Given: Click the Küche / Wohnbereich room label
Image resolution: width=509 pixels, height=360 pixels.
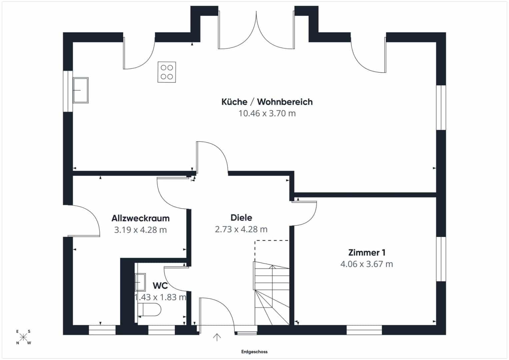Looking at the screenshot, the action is click(x=267, y=102).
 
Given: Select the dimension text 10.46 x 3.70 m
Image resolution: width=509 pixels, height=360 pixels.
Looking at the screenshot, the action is click(x=267, y=113).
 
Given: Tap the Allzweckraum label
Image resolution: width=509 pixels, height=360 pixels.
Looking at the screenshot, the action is click(x=140, y=218).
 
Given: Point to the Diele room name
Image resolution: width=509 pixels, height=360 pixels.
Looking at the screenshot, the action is click(x=241, y=217).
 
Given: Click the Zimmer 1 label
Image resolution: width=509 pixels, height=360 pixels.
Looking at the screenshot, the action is click(x=367, y=253).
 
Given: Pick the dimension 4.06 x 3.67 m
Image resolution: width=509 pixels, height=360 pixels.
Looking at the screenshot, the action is click(x=367, y=264).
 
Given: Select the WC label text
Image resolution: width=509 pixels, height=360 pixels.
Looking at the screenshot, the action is click(x=160, y=286).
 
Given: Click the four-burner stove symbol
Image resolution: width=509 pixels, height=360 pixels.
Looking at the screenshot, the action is click(x=167, y=72).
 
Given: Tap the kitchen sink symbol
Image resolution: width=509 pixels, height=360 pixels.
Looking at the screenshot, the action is click(x=81, y=90).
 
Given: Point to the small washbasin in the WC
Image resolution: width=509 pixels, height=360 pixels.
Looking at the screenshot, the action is click(x=140, y=282).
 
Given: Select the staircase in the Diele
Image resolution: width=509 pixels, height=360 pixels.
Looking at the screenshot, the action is click(x=271, y=293).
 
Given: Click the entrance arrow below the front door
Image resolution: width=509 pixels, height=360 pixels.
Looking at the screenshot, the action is click(x=217, y=337).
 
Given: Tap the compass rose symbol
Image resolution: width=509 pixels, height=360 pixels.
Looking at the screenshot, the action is click(x=23, y=337).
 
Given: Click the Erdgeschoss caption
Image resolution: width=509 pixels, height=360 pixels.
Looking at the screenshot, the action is click(x=254, y=352).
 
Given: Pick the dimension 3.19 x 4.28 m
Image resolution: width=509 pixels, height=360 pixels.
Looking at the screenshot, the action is click(x=140, y=230).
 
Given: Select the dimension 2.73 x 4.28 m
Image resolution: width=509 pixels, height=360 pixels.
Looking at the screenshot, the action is click(x=241, y=229).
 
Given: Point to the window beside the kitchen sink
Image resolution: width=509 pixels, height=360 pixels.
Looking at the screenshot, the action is click(x=68, y=91).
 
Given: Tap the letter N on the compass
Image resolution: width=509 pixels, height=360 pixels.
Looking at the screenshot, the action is click(x=17, y=343).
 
